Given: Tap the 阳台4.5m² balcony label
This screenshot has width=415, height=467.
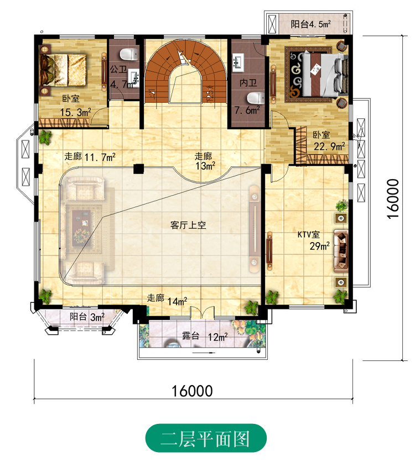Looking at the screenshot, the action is point(310,24).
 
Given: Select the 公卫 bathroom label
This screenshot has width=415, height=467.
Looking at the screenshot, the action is point(118,70).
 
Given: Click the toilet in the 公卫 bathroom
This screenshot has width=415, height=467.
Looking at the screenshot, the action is point(129,54).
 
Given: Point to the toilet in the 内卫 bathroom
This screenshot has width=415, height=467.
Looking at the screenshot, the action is point(256,98).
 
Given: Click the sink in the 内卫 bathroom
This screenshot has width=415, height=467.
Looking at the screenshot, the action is point(238,63).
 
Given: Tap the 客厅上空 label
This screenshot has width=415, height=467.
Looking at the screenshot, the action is point(188,225).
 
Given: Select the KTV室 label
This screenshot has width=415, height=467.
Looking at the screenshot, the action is point(309,234).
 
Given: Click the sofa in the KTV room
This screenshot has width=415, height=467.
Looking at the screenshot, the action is point(341,251).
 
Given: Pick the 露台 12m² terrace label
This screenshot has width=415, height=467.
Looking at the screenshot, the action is point(205,337).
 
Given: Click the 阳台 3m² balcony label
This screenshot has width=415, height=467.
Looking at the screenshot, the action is point(87,317).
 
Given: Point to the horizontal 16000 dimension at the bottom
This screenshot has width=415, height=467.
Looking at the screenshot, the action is point(193,391).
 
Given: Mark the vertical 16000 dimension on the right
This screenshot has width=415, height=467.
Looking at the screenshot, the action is point(393,198).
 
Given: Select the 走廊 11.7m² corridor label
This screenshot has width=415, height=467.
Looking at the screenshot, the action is point(90,156).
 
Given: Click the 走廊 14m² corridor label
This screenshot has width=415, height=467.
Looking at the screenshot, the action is point(167,300).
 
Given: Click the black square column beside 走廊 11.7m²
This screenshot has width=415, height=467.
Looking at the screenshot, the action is point(139,169).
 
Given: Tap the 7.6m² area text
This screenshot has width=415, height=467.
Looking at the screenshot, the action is point(247,110).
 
